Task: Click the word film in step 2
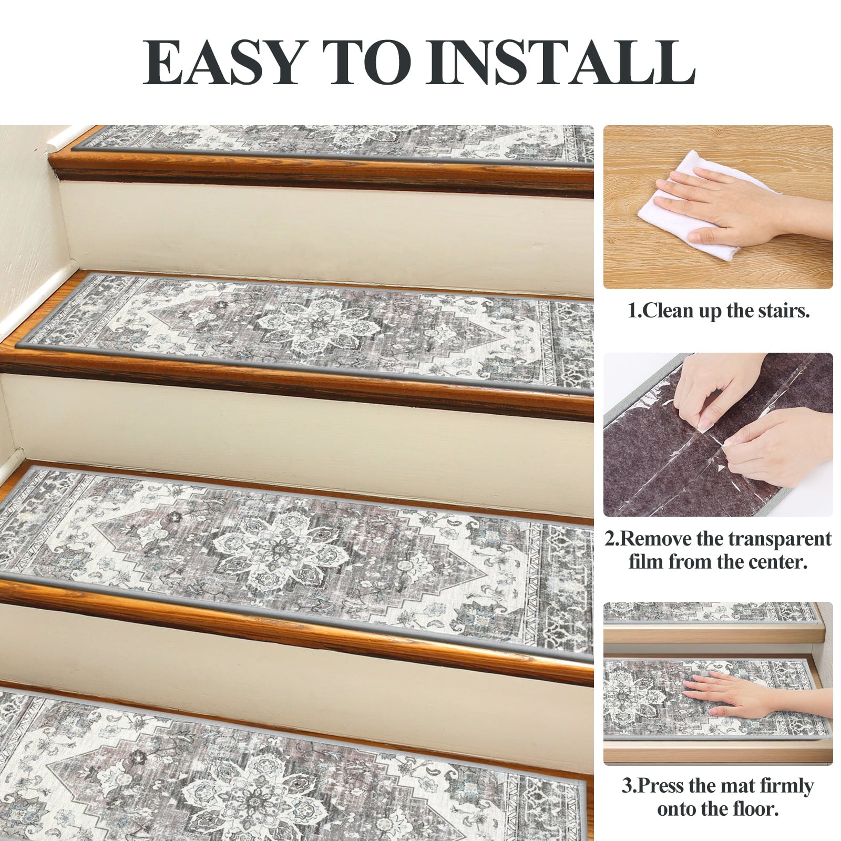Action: pos(647,562)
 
